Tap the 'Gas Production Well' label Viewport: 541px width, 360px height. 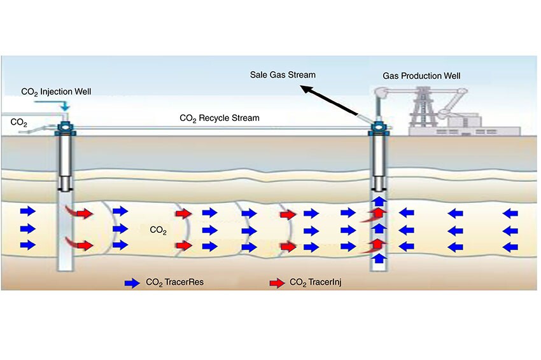tap(421, 76)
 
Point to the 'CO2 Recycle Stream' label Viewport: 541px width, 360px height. tap(220, 118)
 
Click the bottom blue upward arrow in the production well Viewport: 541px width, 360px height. tap(378, 258)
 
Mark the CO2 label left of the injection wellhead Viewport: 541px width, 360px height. tap(19, 120)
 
